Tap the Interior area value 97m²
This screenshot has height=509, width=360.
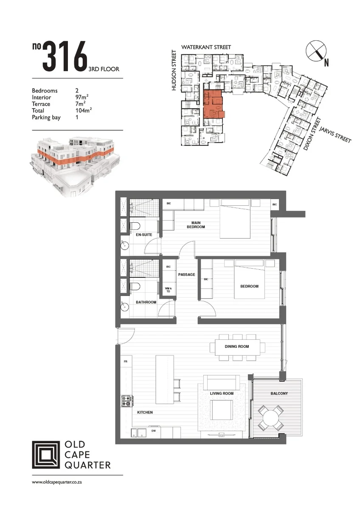82,97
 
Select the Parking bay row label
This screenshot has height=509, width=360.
46,117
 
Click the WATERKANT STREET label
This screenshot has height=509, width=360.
206,47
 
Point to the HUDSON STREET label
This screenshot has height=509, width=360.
174,70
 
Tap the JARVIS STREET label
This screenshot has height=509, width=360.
335,135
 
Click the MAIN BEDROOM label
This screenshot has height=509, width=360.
196,225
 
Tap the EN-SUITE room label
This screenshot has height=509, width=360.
144,235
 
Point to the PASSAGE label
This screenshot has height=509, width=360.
186,274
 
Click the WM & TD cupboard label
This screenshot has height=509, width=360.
168,290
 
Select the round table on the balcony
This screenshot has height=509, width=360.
270,418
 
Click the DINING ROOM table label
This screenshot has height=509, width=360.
237,347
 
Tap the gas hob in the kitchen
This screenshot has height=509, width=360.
127,402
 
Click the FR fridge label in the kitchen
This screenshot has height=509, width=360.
125,361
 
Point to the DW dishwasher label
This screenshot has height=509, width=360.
154,431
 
